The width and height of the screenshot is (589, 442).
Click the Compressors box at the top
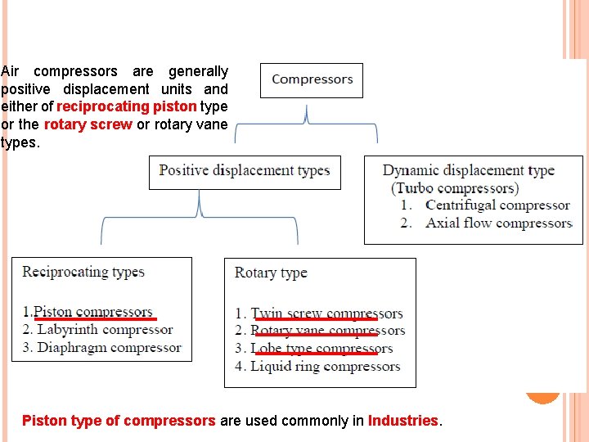click(x=312, y=80)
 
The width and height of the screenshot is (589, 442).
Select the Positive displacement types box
click(x=245, y=171)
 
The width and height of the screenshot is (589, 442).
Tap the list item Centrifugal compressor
click(x=497, y=205)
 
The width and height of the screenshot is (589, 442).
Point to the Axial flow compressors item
click(x=498, y=223)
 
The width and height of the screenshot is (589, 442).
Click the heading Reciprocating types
click(x=83, y=272)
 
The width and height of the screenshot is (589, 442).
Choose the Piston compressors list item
click(x=92, y=312)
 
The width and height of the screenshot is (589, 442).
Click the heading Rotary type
click(x=271, y=273)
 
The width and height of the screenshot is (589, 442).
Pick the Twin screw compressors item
click(x=326, y=313)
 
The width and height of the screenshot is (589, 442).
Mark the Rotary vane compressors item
click(x=327, y=331)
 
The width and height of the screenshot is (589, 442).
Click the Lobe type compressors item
click(x=321, y=349)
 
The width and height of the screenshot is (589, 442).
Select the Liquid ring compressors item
click(x=325, y=366)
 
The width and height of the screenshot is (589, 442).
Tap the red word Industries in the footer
click(x=403, y=421)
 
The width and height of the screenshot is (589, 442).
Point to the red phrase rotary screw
click(x=88, y=124)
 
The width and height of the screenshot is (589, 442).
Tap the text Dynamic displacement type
click(x=468, y=171)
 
